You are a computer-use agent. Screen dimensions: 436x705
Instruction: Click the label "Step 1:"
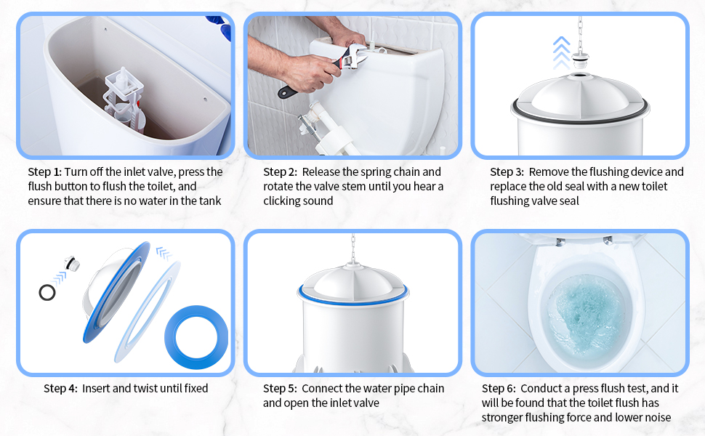(x=45, y=172)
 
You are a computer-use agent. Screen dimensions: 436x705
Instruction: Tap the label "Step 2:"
(x=280, y=172)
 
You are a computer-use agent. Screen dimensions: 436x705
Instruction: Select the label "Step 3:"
(x=507, y=172)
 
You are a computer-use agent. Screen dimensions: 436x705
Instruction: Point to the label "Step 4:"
(x=60, y=389)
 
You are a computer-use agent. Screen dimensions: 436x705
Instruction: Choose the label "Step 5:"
(x=280, y=389)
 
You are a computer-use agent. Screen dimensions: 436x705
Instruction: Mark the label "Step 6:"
(x=499, y=389)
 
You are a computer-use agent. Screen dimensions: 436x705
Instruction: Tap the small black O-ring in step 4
(x=47, y=292)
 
